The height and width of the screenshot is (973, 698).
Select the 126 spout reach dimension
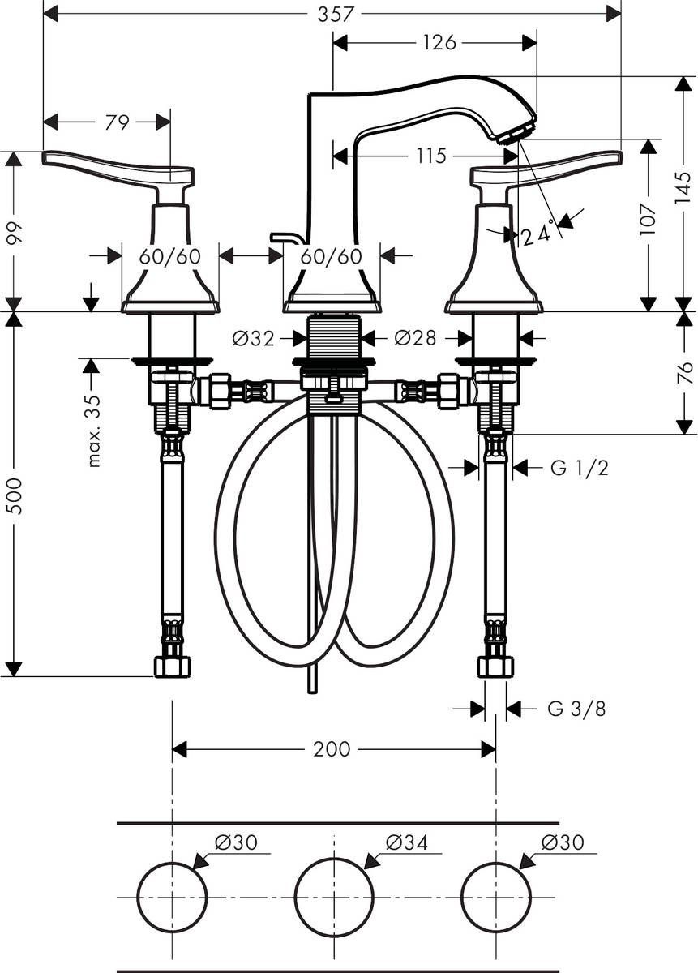(439, 43)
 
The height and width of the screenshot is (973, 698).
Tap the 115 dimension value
(431, 156)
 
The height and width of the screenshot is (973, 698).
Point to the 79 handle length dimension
(118, 122)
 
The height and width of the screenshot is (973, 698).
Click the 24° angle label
(541, 234)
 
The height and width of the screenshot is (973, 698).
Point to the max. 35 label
(94, 431)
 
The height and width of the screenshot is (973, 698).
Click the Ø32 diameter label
(253, 337)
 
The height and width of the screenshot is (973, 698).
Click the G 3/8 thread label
(576, 709)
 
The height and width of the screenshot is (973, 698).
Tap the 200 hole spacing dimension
(332, 749)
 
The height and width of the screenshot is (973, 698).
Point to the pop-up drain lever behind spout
(286, 237)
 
